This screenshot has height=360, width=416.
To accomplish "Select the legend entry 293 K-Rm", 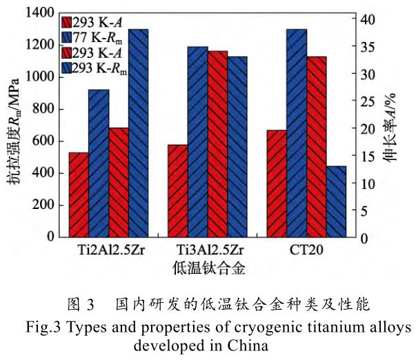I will pos(102,66).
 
